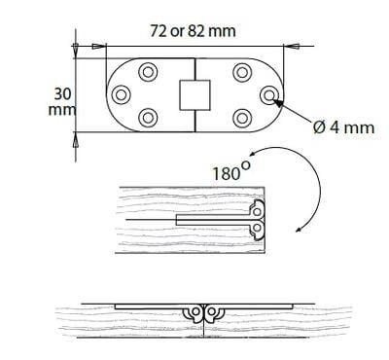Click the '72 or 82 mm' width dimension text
pyautogui.click(x=193, y=31)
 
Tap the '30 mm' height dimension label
pyautogui.click(x=62, y=102)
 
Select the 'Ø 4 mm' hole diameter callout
pyautogui.click(x=343, y=127)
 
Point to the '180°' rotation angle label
pyautogui.click(x=231, y=171)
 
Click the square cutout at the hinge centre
pyautogui.click(x=194, y=95)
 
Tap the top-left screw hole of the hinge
pyautogui.click(x=148, y=71)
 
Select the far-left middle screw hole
pyautogui.click(x=121, y=95)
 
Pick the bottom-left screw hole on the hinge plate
pyautogui.click(x=148, y=118)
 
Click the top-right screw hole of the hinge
pyautogui.click(x=242, y=71)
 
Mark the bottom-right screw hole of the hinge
pyautogui.click(x=242, y=118)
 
